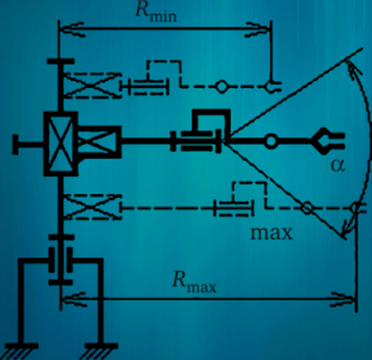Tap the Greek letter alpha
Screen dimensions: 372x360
click(x=338, y=166)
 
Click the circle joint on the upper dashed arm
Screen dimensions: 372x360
click(x=221, y=86)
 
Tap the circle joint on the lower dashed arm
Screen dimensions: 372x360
click(x=307, y=208)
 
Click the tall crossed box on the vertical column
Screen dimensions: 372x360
click(x=60, y=144)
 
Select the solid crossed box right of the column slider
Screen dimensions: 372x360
click(x=98, y=142)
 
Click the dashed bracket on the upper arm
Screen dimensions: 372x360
click(x=164, y=70)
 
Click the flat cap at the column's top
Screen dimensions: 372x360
click(x=60, y=61)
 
